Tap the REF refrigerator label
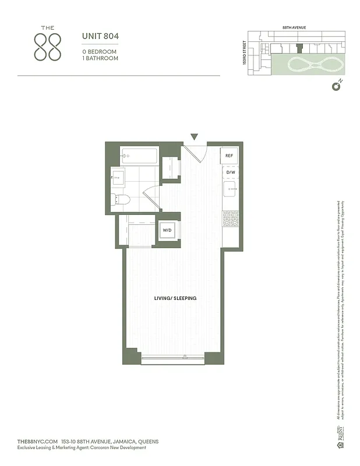[x=230, y=156]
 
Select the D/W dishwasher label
[x=230, y=172]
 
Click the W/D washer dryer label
[x=167, y=231]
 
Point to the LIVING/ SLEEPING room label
[x=175, y=298]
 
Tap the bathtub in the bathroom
[x=139, y=156]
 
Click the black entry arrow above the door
[x=195, y=137]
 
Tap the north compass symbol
[x=336, y=86]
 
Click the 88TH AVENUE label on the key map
[x=294, y=27]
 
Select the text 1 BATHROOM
[x=100, y=59]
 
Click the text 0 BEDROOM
[x=99, y=51]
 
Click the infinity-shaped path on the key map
[x=309, y=64]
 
